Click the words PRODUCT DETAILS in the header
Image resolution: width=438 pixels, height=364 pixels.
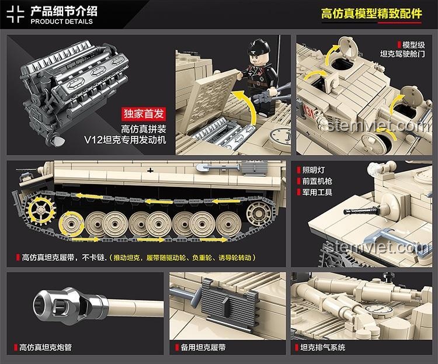(x=61, y=22)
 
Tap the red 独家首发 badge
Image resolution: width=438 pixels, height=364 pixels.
(x=144, y=114)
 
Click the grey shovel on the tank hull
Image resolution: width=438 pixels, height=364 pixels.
(x=218, y=168)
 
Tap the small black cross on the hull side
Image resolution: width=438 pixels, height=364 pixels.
(x=150, y=170)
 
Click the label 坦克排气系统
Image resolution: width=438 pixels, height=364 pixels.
(x=322, y=348)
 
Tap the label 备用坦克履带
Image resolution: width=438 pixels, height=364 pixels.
(x=203, y=348)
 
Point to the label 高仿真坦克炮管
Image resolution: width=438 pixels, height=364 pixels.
(x=45, y=348)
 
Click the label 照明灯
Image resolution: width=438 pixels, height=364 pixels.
(x=314, y=170)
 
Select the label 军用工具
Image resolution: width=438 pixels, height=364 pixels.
(x=317, y=192)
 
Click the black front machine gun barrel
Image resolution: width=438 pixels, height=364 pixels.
(x=361, y=210)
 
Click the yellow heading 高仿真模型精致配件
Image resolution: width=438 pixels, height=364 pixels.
(x=371, y=13)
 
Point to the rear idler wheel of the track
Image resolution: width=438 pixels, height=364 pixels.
(x=259, y=214)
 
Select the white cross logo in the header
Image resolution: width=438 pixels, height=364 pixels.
(x=15, y=14)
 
